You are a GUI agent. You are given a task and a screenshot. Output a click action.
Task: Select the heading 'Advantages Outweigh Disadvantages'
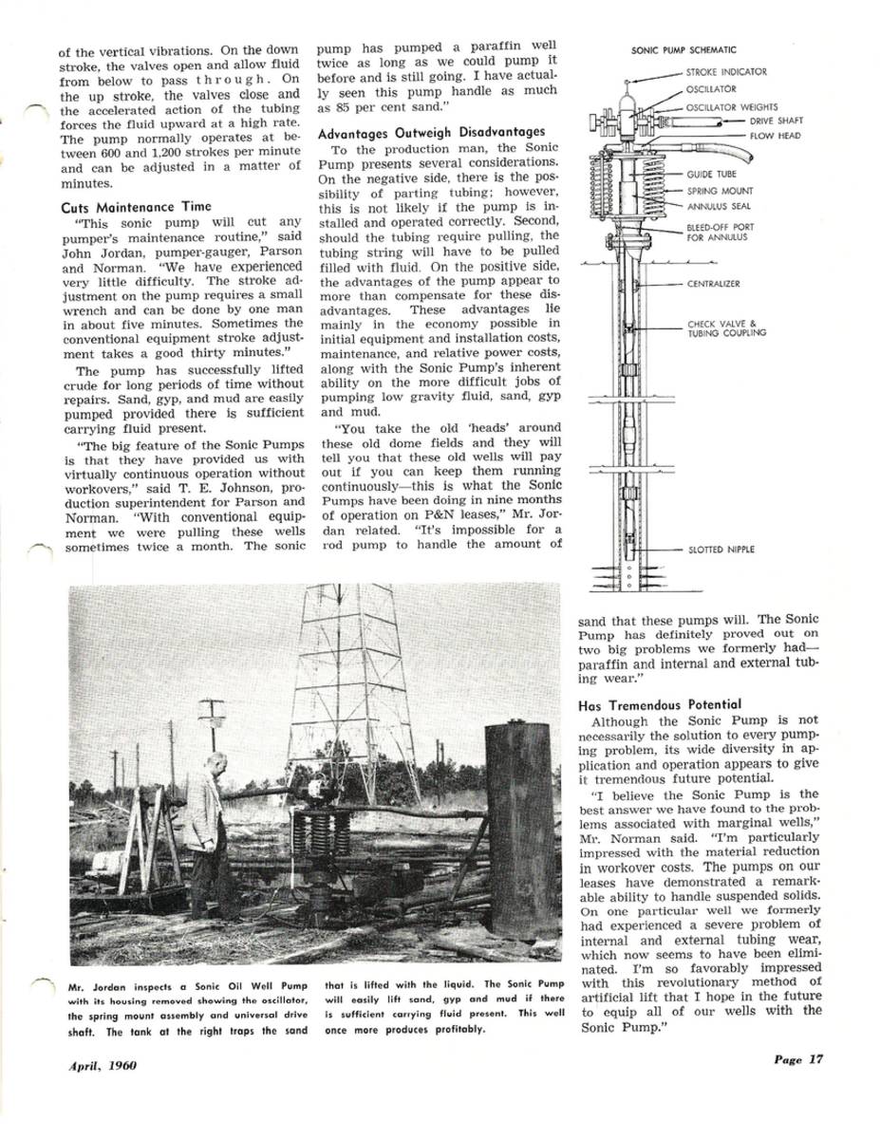tap(432, 132)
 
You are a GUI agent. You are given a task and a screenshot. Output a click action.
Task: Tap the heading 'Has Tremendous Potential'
tap(660, 704)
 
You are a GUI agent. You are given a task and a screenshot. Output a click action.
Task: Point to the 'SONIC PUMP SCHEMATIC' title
tap(683, 50)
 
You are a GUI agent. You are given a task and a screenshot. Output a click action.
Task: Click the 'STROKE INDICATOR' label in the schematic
tap(726, 72)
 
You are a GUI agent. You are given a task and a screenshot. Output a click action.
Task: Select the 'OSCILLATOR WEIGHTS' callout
tap(732, 107)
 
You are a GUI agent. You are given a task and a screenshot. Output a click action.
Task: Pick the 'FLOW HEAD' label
tap(775, 136)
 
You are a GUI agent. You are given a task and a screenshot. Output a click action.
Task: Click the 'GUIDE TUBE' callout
tap(712, 175)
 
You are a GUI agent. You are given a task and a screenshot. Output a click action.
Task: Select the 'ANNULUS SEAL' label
tap(718, 206)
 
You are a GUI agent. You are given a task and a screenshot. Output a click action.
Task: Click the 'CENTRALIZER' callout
tap(713, 283)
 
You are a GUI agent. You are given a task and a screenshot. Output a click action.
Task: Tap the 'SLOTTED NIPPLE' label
tap(721, 550)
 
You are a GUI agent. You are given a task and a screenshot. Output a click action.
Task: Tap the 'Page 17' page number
tap(796, 1060)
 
